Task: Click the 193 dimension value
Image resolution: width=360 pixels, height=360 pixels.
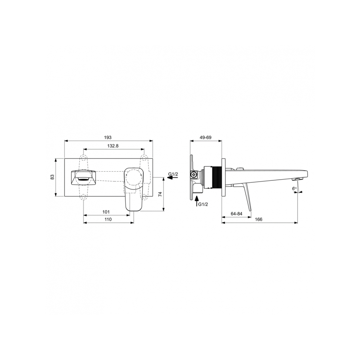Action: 108,138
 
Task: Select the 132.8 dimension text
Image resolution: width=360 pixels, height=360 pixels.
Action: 113,146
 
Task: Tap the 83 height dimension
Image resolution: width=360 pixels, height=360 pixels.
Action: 53,177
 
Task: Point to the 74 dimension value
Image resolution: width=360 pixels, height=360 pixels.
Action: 161,194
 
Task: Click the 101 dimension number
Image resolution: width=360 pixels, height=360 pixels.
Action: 106,212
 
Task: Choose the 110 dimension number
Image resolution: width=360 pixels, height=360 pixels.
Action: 108,220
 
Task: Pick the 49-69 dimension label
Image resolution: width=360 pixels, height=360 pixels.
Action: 206,138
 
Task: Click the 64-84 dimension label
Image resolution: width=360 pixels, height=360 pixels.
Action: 237,214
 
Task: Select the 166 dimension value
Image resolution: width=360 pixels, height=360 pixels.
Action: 258,220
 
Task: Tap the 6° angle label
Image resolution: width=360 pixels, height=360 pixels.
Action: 294,189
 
